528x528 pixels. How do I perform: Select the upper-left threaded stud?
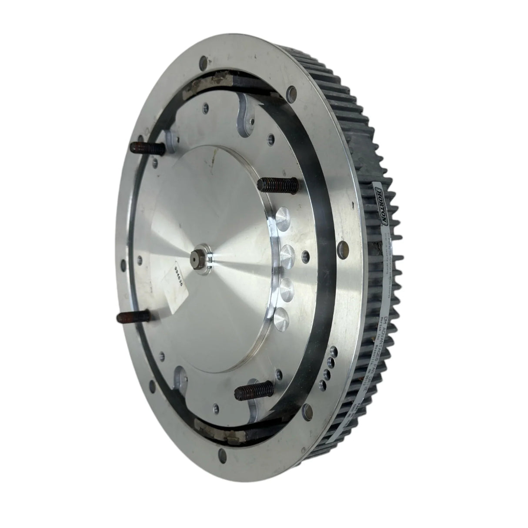tap(148, 149)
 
